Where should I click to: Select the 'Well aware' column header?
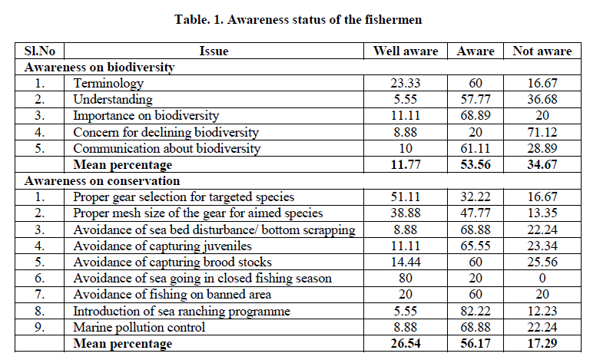click(x=405, y=51)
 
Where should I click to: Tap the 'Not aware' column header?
click(x=542, y=51)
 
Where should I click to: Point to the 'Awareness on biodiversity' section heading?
click(x=100, y=67)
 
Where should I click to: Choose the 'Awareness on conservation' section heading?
click(x=102, y=181)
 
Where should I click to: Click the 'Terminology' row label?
click(x=108, y=83)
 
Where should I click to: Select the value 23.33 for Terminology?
click(x=405, y=83)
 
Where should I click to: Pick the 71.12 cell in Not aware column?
click(x=542, y=132)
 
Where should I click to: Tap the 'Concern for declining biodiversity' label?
click(x=166, y=132)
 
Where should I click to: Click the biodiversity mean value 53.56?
click(x=475, y=165)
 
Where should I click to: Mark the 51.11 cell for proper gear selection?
click(x=405, y=197)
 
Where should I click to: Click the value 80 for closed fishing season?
click(x=405, y=279)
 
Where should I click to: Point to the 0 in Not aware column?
click(x=542, y=279)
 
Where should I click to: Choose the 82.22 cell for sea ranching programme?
click(x=475, y=312)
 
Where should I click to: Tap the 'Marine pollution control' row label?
click(x=139, y=328)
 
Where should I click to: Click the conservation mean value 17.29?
click(x=542, y=345)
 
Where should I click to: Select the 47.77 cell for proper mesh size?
click(x=475, y=213)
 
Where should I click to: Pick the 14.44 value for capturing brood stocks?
click(x=405, y=263)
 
